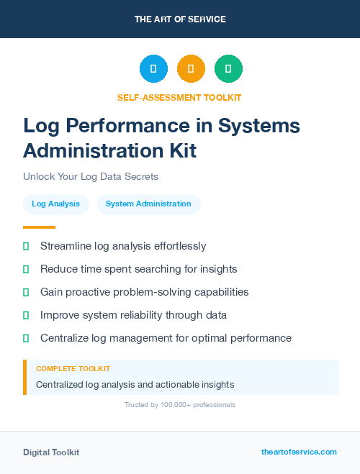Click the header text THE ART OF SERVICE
(180, 19)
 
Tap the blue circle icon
(153, 69)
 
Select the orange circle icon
(191, 69)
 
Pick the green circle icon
(228, 69)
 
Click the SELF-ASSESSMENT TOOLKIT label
(179, 97)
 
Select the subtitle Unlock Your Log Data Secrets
(90, 176)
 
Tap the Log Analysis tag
(56, 204)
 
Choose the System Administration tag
(148, 204)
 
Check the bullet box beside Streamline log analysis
(26, 246)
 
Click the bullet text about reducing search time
(138, 269)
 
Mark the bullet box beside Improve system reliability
(26, 315)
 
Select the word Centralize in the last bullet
(67, 338)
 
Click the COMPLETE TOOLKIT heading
(73, 368)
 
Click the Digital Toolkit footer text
(51, 452)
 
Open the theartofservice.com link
(299, 452)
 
